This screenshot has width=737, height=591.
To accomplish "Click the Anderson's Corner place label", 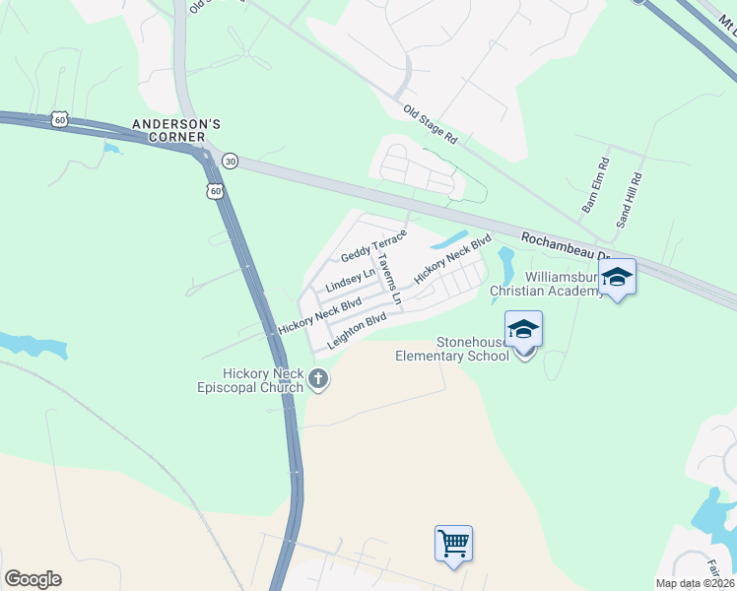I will (x=177, y=131).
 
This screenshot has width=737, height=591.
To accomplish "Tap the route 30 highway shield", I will (x=230, y=160).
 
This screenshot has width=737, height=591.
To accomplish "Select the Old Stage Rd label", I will (x=430, y=123).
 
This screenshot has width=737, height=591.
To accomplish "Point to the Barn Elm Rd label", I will (x=595, y=185).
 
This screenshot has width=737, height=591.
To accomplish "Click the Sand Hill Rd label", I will (x=629, y=200).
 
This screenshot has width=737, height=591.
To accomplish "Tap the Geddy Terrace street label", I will (x=373, y=244).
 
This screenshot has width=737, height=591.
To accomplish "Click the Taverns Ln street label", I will (x=391, y=277).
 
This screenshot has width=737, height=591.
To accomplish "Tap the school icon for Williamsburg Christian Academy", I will (x=618, y=277).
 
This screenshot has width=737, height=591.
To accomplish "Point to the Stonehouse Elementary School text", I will (x=452, y=349).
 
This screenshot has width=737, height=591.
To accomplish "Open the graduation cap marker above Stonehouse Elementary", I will (x=523, y=329).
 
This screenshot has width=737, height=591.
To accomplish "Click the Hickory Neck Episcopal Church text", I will (x=248, y=380).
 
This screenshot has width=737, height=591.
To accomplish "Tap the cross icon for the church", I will (x=317, y=377).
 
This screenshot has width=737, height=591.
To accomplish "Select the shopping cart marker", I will (x=453, y=543).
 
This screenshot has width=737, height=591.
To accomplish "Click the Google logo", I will (x=33, y=579).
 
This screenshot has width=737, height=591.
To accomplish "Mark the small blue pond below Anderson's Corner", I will (x=110, y=150).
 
